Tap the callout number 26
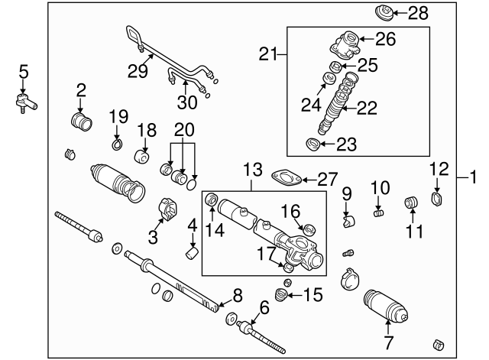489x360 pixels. point(386,40)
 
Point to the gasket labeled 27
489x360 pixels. point(285,178)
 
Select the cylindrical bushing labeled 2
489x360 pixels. point(80,122)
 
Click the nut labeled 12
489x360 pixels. point(437,201)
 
